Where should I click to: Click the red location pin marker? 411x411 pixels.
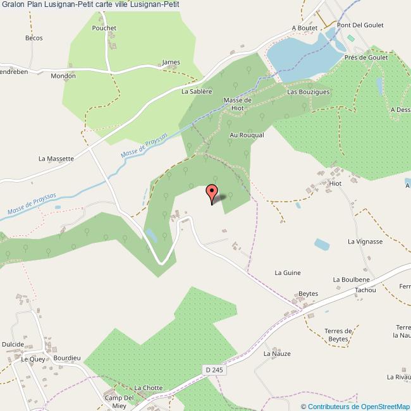point(212,192)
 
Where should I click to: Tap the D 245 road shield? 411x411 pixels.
point(214,369)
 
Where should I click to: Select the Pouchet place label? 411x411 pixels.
point(104,28)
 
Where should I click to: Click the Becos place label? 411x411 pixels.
point(34,38)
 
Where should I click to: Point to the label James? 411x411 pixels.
point(171,62)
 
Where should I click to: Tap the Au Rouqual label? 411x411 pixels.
point(246,135)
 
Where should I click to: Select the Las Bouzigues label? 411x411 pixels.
point(309,92)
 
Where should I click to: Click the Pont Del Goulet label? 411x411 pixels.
point(360,25)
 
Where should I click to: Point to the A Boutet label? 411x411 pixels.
point(304,28)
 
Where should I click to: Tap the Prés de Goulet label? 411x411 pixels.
point(366,56)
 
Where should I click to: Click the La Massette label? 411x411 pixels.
point(57,158)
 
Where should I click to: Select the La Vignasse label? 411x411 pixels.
point(365,242)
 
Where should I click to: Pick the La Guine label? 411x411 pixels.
point(287,273)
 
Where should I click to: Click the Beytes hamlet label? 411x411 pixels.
point(308,294)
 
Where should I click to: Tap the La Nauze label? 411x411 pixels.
point(277,353)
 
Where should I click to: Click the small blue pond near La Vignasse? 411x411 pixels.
point(322,243)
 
